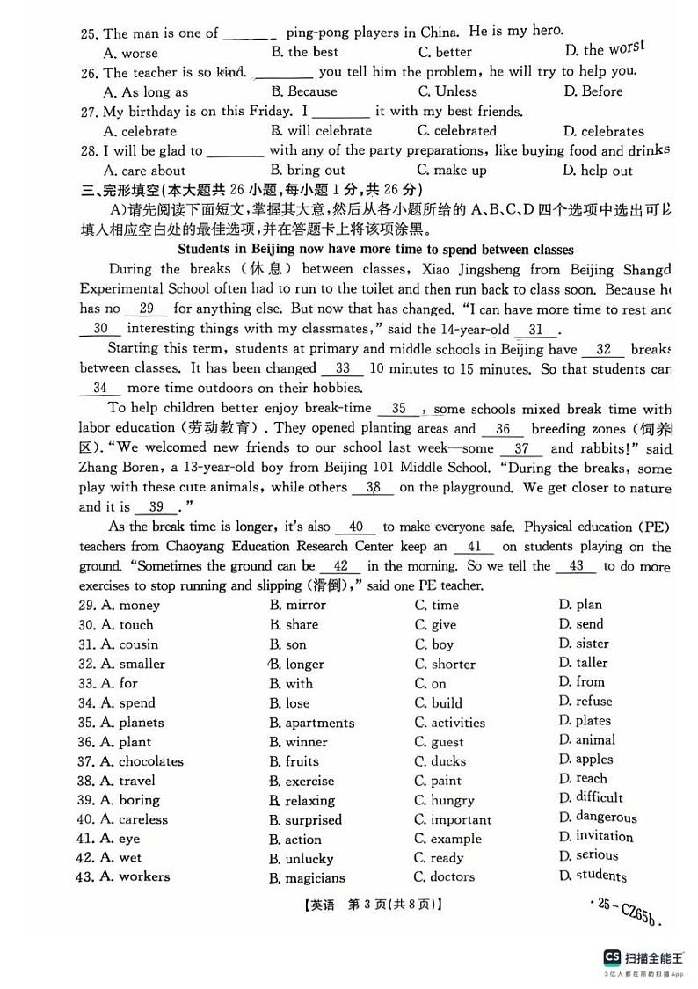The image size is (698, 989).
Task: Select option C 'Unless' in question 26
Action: point(447,91)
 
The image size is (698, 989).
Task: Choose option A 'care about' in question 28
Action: point(144,171)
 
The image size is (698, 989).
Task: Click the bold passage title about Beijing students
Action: point(375,250)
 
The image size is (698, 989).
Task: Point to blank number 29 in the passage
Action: point(147,309)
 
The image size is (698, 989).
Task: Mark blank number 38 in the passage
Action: point(374,487)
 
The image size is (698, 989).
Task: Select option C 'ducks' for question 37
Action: point(440,761)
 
